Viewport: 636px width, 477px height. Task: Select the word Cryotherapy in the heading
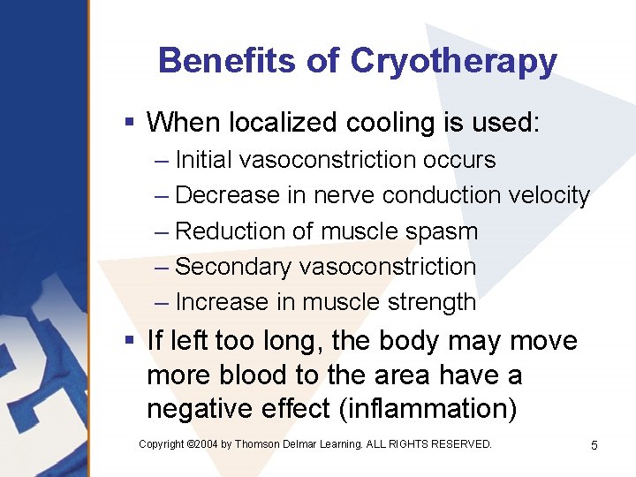(453, 62)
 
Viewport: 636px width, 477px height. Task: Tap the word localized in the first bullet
(277, 122)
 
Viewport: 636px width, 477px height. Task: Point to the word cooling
(396, 122)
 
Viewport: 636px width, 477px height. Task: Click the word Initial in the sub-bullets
(204, 160)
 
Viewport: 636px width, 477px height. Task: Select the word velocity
(549, 195)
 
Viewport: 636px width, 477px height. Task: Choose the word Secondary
(233, 267)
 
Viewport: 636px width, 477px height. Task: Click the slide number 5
(594, 445)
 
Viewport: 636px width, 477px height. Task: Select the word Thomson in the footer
(257, 444)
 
